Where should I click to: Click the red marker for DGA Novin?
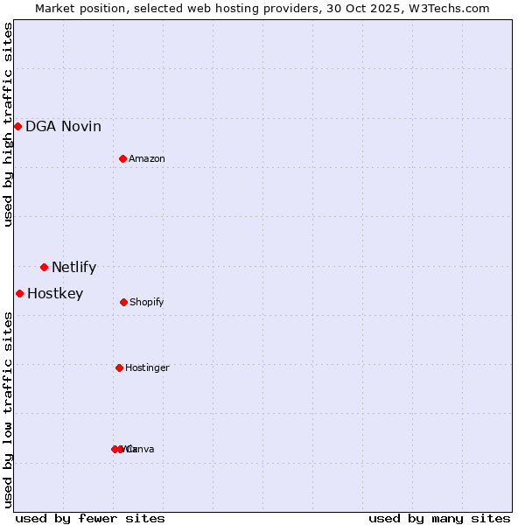(17, 127)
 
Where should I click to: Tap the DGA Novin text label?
(63, 127)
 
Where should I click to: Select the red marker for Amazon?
(123, 158)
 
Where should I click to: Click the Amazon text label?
(147, 159)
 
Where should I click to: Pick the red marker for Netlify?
(44, 267)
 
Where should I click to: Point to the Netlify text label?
(73, 268)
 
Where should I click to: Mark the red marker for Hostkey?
(19, 293)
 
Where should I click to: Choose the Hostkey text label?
(55, 294)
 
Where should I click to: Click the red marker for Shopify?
(123, 302)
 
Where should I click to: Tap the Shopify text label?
(147, 303)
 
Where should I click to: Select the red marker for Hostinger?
(119, 367)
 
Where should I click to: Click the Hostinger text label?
(147, 368)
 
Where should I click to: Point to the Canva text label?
(142, 450)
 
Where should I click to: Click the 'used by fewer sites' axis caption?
(90, 518)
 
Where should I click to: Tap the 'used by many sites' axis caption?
(439, 518)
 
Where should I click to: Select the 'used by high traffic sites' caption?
(9, 124)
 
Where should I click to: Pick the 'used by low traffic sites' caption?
(9, 409)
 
